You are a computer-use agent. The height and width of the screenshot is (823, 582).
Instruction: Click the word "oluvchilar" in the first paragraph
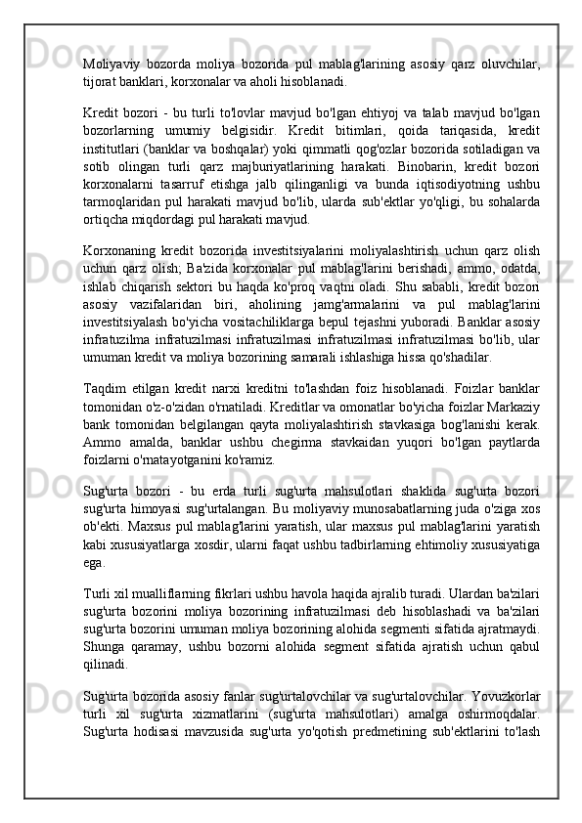[x=507, y=65]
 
